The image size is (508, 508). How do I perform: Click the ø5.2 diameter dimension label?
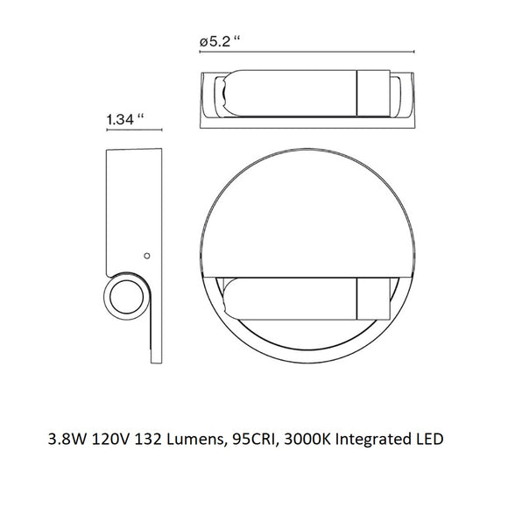pos(220,40)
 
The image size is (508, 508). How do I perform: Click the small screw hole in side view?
pos(146,256)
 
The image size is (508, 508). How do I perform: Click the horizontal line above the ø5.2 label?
pos(307,50)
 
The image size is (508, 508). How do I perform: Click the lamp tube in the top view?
pos(289,92)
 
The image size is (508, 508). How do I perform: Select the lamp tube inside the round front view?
pos(289,297)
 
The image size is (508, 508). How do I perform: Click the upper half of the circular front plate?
pos(307,210)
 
